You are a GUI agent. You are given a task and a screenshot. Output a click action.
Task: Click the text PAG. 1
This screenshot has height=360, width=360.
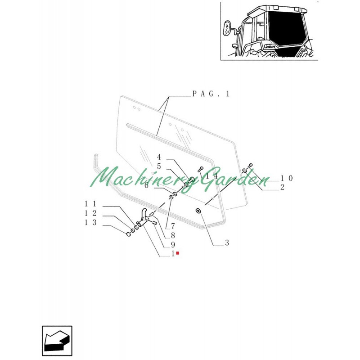tap(211, 94)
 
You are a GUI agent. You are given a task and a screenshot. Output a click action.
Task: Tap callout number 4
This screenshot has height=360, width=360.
tap(159, 157)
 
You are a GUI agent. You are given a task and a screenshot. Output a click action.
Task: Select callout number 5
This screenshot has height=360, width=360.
tap(159, 166)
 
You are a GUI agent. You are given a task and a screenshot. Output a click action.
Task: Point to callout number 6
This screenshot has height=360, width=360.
tap(147, 185)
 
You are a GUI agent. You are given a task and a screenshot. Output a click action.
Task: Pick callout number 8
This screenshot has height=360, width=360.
tap(172, 235)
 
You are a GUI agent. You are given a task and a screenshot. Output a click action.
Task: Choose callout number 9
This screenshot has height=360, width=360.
tap(172, 245)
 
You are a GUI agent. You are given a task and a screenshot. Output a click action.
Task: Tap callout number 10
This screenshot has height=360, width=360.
tap(286, 178)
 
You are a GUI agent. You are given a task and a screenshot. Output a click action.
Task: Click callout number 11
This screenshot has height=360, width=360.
tap(90, 204)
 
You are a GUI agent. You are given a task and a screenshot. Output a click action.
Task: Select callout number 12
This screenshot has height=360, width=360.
tap(90, 213)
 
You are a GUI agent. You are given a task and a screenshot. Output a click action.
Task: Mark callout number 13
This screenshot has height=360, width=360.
tap(90, 222)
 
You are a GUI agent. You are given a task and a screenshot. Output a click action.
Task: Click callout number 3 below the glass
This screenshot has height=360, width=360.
tap(227, 243)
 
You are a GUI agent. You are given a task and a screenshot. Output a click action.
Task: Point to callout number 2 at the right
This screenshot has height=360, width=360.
tap(282, 187)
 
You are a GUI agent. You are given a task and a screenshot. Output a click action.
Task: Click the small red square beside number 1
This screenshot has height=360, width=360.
tap(178, 254)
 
